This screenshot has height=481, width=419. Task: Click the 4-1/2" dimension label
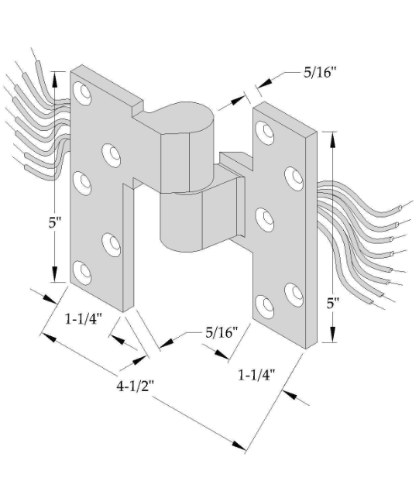pos(135,386)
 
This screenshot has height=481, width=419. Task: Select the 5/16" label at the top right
pos(320,72)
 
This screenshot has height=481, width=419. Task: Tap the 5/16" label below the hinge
pos(222,332)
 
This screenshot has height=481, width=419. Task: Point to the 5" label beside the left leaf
pos(55,222)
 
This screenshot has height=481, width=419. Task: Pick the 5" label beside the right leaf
pos(332,304)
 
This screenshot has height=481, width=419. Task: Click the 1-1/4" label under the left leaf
pos(83,319)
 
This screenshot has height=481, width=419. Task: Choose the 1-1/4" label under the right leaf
pos(257,375)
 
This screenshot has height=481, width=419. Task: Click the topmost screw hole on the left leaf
pos(82,93)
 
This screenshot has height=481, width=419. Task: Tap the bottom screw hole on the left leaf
pos(82,273)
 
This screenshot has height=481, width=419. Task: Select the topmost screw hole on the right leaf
pos(265,132)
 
